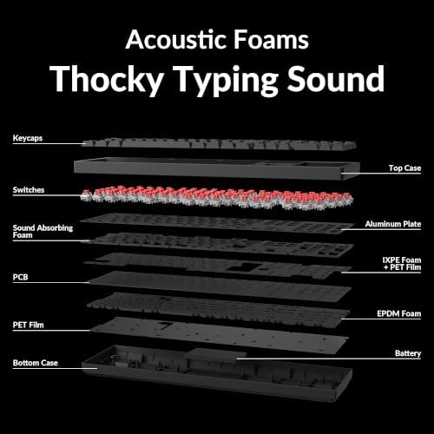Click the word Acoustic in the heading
pos(176,39)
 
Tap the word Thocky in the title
pos(106,79)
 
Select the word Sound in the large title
pos(336,78)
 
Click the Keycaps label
pos(28,138)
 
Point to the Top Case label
pos(404,168)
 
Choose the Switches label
pos(29,190)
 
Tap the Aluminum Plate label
pos(393,224)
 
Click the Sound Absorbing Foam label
pos(43,232)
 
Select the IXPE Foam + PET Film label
pos(402,264)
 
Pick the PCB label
pos(20,277)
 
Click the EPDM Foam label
pos(398,313)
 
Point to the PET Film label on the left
pos(28,325)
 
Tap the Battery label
pos(408,353)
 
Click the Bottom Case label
pos(36,363)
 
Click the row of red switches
pos(217,198)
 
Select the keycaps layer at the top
pos(220,144)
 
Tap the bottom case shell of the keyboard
pos(217,373)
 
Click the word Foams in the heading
pos(271,39)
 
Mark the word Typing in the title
pos(225,80)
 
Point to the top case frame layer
pos(217,169)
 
